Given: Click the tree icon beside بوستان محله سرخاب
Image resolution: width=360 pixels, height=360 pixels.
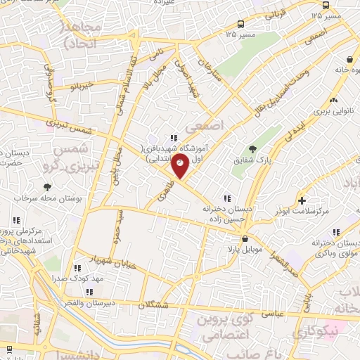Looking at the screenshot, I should click(47, 187).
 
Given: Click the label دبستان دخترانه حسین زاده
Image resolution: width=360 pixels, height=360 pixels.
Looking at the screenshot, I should click(227, 214).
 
